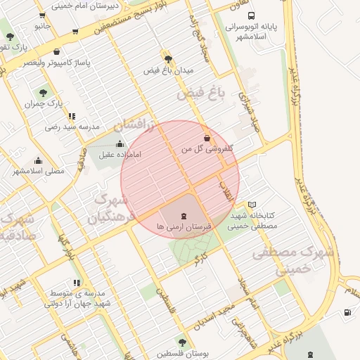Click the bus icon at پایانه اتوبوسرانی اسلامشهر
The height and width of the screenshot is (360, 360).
pyautogui.click(x=252, y=15)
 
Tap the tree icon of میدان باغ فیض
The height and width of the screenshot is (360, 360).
pyautogui.click(x=167, y=58)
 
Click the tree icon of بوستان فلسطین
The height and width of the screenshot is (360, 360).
pyautogui.click(x=182, y=342)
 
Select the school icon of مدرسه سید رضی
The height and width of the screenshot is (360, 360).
pyautogui.click(x=72, y=116)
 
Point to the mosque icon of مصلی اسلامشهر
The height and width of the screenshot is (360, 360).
pyautogui.click(x=37, y=160)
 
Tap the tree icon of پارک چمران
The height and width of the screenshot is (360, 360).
pyautogui.click(x=43, y=93)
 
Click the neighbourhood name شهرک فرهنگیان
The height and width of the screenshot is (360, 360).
pyautogui.click(x=112, y=209)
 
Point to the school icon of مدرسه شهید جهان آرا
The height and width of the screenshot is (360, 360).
pyautogui.click(x=77, y=283)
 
